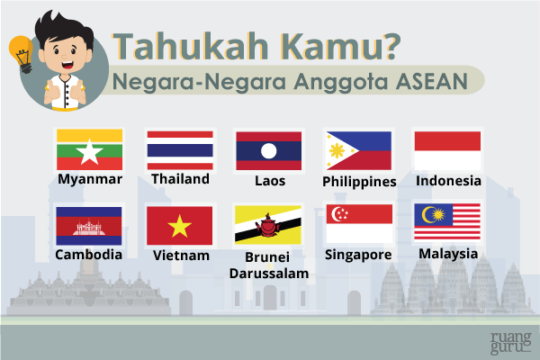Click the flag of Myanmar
(x=89, y=148)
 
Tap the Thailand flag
(x=180, y=148)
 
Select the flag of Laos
(x=268, y=150)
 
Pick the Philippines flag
(x=358, y=150)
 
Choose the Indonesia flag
(x=447, y=149)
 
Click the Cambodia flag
(x=88, y=226)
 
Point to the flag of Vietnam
(x=180, y=226)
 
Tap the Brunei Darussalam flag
(x=268, y=226)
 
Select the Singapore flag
(x=358, y=224)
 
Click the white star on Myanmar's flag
(x=89, y=152)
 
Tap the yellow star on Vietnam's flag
(x=180, y=226)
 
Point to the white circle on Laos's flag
(x=268, y=150)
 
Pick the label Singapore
(x=358, y=256)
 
